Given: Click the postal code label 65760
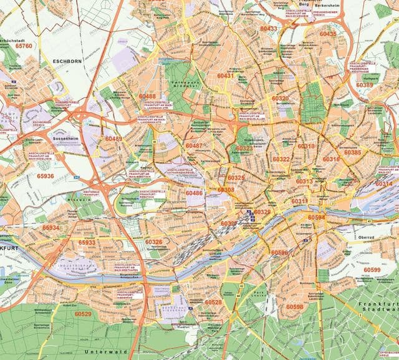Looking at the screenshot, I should tap(24, 46).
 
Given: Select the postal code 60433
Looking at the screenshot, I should tap(269, 29).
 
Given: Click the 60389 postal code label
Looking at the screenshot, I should tap(365, 85).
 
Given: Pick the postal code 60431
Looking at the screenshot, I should tap(226, 75).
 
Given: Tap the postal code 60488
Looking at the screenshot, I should tap(147, 96).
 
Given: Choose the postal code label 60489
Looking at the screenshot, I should tap(113, 139).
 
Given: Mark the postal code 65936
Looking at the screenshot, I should tap(45, 176).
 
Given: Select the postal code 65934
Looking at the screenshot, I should tap(50, 228).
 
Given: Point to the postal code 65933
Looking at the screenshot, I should tap(87, 242).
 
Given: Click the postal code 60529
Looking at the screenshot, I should tap(83, 314).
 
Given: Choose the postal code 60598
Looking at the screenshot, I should tap(294, 306).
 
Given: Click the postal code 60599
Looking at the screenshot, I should tap(372, 270).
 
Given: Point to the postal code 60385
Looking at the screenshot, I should tap(352, 152).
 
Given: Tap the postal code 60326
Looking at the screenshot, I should tap(153, 241).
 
